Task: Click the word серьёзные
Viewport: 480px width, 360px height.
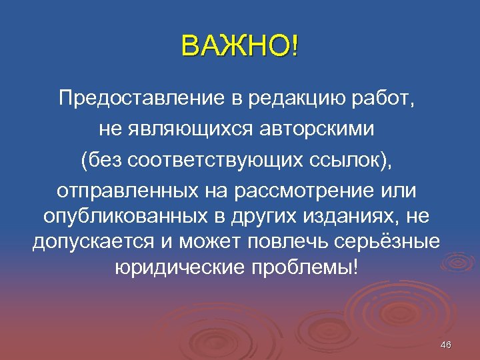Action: tap(390, 241)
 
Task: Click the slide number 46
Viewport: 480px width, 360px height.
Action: tap(446, 345)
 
